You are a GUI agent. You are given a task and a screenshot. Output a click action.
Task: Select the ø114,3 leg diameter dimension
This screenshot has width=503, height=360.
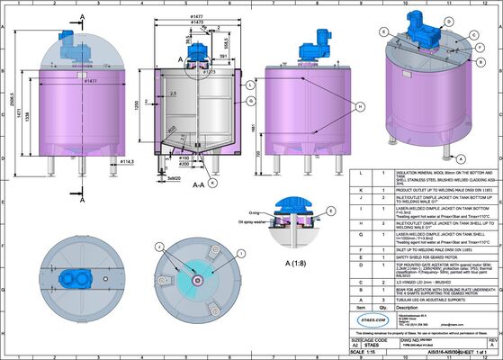tap(127, 162)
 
